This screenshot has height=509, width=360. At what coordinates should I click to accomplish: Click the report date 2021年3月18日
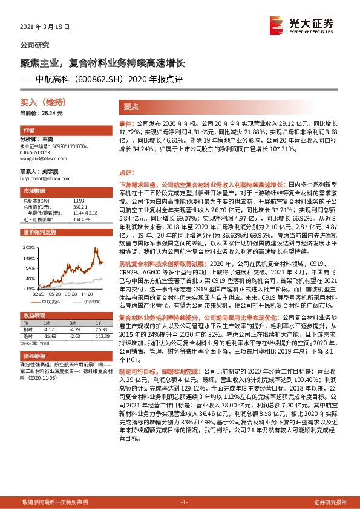pyautogui.click(x=45, y=27)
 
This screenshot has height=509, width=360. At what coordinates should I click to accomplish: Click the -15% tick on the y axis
pyautogui.click(x=30, y=288)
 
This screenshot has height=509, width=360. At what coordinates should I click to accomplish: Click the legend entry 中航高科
pyautogui.click(x=49, y=300)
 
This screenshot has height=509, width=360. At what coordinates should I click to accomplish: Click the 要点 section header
pyautogui.click(x=131, y=106)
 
